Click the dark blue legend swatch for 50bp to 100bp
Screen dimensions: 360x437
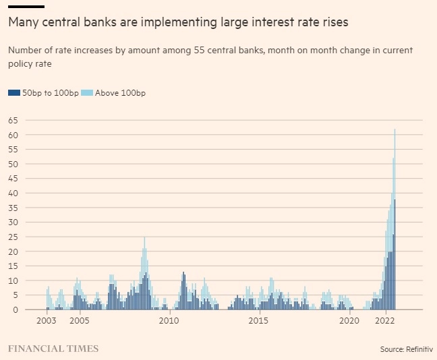click(x=13, y=93)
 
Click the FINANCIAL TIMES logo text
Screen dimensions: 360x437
click(x=53, y=349)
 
